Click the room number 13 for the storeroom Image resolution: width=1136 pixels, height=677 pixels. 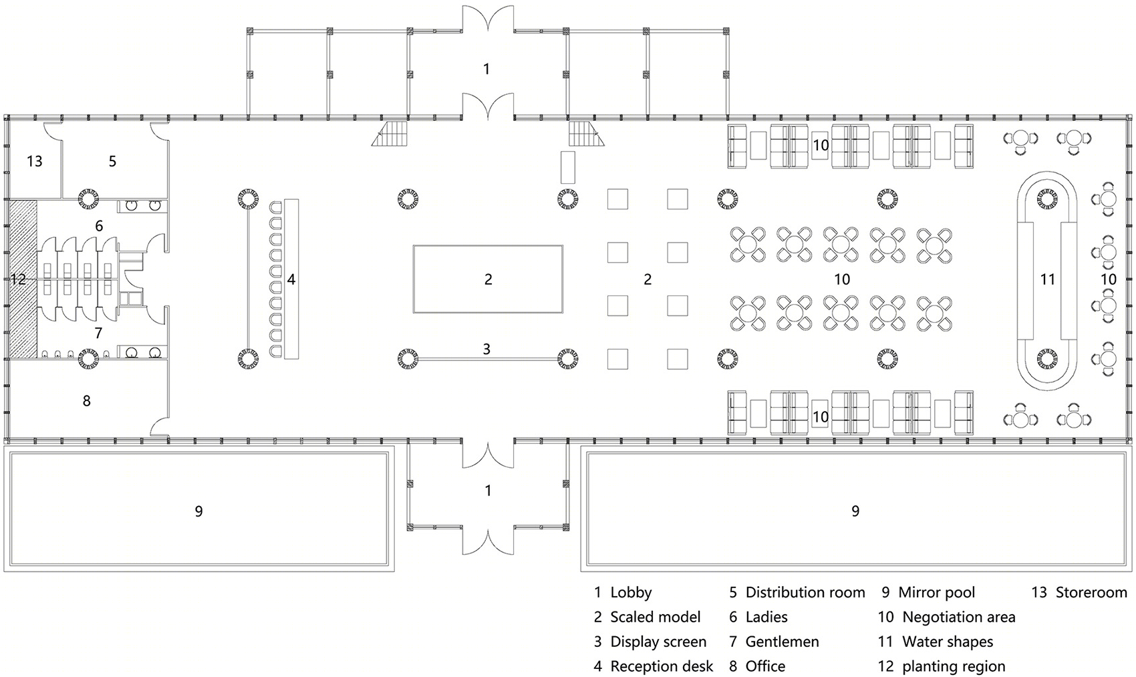tap(34, 161)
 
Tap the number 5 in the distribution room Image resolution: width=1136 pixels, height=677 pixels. tap(112, 161)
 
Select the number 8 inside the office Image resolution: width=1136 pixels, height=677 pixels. tap(86, 401)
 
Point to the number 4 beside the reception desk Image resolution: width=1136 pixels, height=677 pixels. tap(291, 279)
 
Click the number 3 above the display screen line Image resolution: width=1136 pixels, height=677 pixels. tap(486, 349)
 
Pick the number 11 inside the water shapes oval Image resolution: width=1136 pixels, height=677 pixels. tap(1047, 279)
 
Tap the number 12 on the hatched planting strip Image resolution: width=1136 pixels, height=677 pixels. tap(18, 279)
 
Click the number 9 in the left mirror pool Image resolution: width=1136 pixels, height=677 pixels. tap(198, 511)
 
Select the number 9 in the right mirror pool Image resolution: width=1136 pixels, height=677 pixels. tap(855, 511)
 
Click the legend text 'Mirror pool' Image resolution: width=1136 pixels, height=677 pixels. tap(936, 593)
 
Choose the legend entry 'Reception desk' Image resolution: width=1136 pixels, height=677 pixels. tap(662, 666)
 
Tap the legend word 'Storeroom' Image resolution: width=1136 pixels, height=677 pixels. tap(1091, 593)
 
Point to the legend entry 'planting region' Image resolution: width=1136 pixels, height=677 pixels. tap(954, 666)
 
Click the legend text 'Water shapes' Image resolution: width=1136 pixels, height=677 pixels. tap(948, 642)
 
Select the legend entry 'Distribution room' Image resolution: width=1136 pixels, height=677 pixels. tap(805, 593)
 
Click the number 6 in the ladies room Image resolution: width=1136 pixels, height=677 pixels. tap(99, 226)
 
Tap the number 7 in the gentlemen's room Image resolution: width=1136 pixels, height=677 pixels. tap(98, 333)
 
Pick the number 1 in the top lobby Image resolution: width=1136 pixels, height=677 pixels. tap(486, 69)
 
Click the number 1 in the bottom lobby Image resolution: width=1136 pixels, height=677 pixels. tap(488, 491)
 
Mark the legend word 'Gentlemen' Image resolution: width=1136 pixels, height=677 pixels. tap(782, 642)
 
